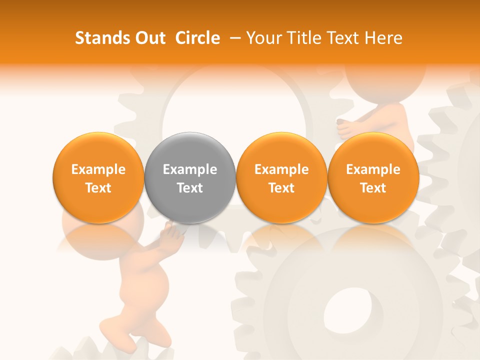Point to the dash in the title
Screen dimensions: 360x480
click(233, 38)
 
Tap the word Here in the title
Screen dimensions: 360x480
click(384, 38)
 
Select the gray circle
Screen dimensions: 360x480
click(190, 178)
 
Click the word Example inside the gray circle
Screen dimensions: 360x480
click(190, 169)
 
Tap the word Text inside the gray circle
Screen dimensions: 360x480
click(190, 188)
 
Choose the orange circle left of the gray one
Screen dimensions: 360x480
click(98, 178)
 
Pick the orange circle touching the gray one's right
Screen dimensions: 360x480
click(281, 178)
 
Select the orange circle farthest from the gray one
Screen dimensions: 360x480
click(373, 178)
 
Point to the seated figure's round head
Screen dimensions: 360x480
click(385, 75)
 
